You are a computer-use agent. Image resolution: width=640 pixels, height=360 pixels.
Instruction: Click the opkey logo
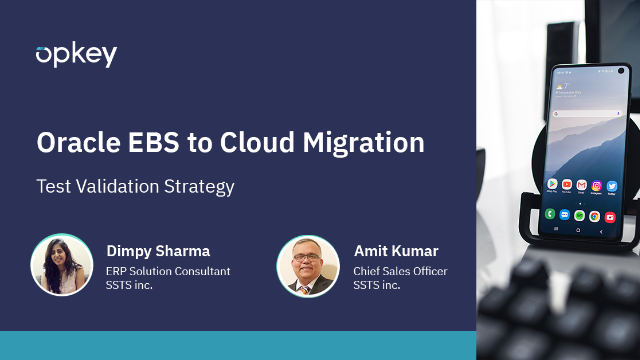[76, 55]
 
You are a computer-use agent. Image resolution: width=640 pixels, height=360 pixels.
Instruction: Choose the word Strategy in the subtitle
[201, 187]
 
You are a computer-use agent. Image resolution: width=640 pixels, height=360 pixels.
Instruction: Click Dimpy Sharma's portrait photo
[62, 265]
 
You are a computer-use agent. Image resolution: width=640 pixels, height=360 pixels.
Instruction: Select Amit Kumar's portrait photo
[308, 265]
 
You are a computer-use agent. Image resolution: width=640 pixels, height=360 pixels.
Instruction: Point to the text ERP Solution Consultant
[168, 271]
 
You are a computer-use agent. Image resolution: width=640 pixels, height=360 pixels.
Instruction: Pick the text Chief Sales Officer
[400, 271]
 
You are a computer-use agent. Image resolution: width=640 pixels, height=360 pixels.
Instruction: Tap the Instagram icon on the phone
[596, 185]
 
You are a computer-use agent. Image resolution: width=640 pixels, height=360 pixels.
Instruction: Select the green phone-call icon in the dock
[551, 214]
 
